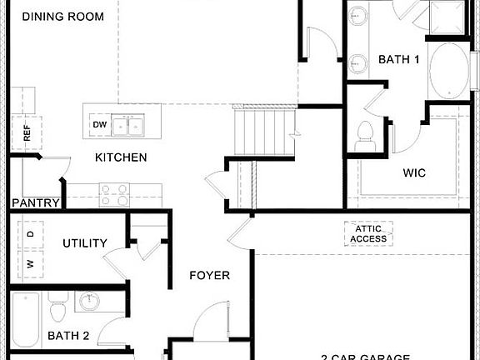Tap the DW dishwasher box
tap(100, 125)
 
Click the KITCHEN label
tap(121, 157)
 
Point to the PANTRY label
tap(35, 202)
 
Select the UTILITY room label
tap(85, 243)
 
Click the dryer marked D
tap(31, 235)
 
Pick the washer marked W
tap(31, 263)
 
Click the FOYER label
tap(209, 276)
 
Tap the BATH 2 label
tap(69, 336)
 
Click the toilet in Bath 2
tap(57, 311)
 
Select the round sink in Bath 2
tap(87, 301)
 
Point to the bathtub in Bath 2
tap(26, 321)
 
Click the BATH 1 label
tap(399, 59)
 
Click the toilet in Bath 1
tap(364, 137)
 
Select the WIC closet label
tap(414, 173)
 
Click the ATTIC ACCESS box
tap(368, 233)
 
